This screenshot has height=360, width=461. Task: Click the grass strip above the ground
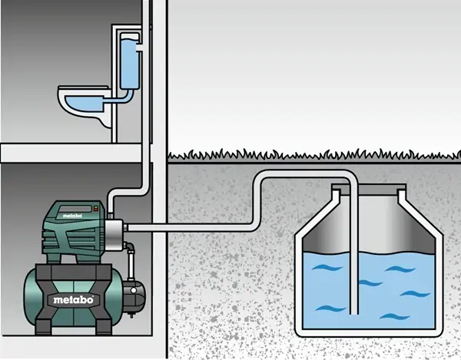coord(307,155)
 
